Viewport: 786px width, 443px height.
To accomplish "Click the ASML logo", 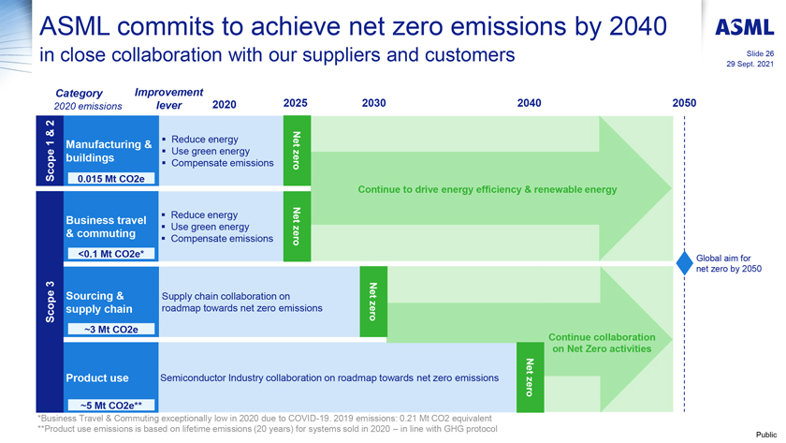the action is (x=745, y=27).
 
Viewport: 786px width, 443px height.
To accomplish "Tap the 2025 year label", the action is (x=296, y=103).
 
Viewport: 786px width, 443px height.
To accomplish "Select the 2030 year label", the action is (x=374, y=103).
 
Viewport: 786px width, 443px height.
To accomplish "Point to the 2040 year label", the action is (x=530, y=103).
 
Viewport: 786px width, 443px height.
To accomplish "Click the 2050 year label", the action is (x=684, y=103).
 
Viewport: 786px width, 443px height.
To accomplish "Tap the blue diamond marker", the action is (x=684, y=263).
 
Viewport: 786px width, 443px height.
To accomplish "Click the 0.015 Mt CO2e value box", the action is (x=111, y=179).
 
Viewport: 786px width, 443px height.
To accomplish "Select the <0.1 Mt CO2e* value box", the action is (x=111, y=254).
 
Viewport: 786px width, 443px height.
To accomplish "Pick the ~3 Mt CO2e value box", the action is (x=111, y=329).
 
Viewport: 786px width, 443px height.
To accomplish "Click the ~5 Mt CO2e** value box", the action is (x=111, y=405).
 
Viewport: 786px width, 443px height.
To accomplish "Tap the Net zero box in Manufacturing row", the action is (x=297, y=151).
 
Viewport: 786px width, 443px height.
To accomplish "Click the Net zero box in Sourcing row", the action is (x=373, y=302).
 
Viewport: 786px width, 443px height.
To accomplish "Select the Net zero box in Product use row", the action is (x=531, y=377).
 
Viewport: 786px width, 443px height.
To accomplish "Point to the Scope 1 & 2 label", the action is (x=50, y=151).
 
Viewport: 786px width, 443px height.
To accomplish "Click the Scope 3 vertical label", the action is (x=50, y=302).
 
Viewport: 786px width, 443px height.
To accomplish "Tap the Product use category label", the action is (x=97, y=377).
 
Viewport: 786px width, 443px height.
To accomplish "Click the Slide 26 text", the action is (x=760, y=53).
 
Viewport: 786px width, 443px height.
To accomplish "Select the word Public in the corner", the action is (x=766, y=435).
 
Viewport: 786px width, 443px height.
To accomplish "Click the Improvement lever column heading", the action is (x=169, y=99).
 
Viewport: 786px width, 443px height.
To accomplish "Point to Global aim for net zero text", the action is (x=728, y=263).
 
